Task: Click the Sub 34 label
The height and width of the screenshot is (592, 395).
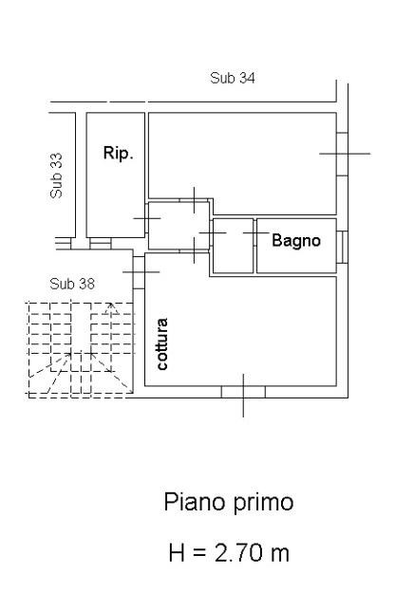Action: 232,78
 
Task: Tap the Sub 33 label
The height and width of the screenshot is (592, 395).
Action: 56,176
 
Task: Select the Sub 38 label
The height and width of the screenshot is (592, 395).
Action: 72,284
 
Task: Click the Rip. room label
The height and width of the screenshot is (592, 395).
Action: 119,154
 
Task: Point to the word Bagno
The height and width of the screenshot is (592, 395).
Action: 296,241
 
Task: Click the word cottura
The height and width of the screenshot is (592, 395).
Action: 161,344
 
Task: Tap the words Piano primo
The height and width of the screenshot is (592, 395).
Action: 229,503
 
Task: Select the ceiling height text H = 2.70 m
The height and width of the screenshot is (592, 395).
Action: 229,553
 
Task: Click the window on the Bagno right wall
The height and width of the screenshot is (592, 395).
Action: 342,248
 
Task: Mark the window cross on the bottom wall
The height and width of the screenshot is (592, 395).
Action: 243,396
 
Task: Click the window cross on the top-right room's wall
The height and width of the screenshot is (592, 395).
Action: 345,154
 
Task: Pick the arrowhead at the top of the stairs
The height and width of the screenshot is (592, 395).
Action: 111,307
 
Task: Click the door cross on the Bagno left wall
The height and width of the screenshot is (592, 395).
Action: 256,233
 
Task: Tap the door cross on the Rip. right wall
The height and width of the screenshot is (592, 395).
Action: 147,218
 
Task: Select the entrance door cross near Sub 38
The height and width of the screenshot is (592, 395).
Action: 141,272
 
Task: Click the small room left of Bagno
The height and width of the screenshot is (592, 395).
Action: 234,246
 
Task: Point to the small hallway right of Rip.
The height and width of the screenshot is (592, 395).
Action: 179,226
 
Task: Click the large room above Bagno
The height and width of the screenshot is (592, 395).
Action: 242,163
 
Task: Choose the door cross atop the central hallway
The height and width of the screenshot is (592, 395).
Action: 195,200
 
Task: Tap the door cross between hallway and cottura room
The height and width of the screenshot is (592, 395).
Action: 195,250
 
